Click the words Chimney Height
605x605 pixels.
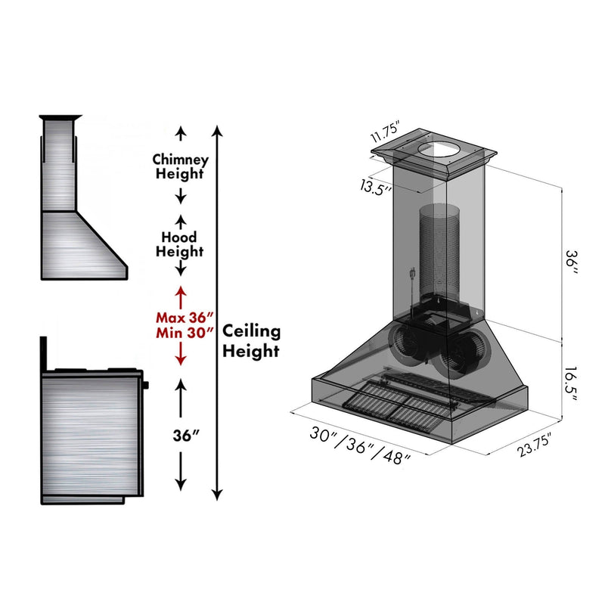[x=180, y=166]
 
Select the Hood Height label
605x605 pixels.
[x=180, y=244]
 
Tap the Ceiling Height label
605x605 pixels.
[x=251, y=340]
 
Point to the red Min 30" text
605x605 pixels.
[x=180, y=332]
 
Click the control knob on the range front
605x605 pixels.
[x=146, y=386]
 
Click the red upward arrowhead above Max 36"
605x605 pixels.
[x=180, y=290]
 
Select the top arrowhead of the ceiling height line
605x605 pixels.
[x=218, y=131]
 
